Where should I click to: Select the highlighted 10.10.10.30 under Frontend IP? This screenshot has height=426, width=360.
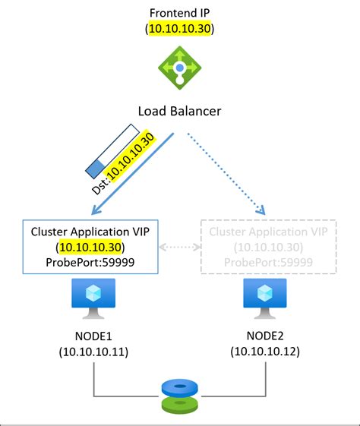(180, 29)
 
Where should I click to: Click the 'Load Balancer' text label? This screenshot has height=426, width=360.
(180, 111)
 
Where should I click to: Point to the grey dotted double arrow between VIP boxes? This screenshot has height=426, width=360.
(180, 248)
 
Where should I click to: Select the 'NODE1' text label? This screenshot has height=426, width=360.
(93, 335)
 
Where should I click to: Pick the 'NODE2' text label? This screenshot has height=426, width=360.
(265, 335)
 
